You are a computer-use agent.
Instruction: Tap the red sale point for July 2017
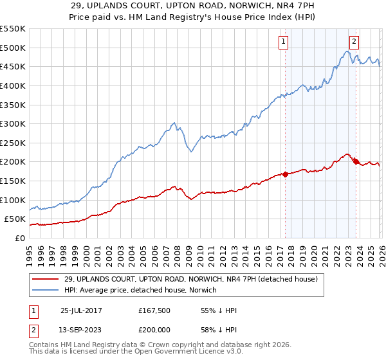(285, 174)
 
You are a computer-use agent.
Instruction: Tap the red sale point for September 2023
(355, 161)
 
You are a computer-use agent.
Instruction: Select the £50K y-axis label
(15, 219)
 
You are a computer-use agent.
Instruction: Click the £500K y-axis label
(12, 48)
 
